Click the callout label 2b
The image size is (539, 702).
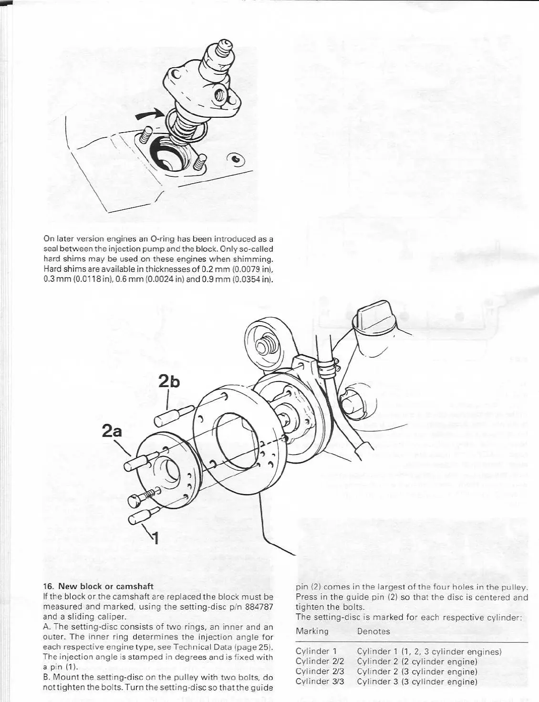coord(169,382)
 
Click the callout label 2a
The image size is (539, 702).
coord(112,432)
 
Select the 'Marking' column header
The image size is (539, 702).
coord(312,631)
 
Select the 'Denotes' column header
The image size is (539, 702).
coord(373,631)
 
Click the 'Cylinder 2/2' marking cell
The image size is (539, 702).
coord(320,661)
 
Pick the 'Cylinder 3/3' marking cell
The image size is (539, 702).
coord(320,681)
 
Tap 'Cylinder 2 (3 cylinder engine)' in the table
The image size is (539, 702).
coord(417,671)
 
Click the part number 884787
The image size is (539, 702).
coord(258,607)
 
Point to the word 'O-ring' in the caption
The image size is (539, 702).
coord(164,238)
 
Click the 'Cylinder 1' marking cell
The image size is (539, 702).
coord(316,651)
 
